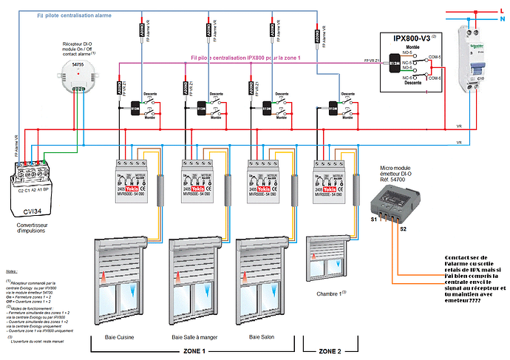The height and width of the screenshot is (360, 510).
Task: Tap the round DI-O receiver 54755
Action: coord(77,72)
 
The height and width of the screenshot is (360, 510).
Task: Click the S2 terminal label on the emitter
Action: coord(403,229)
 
